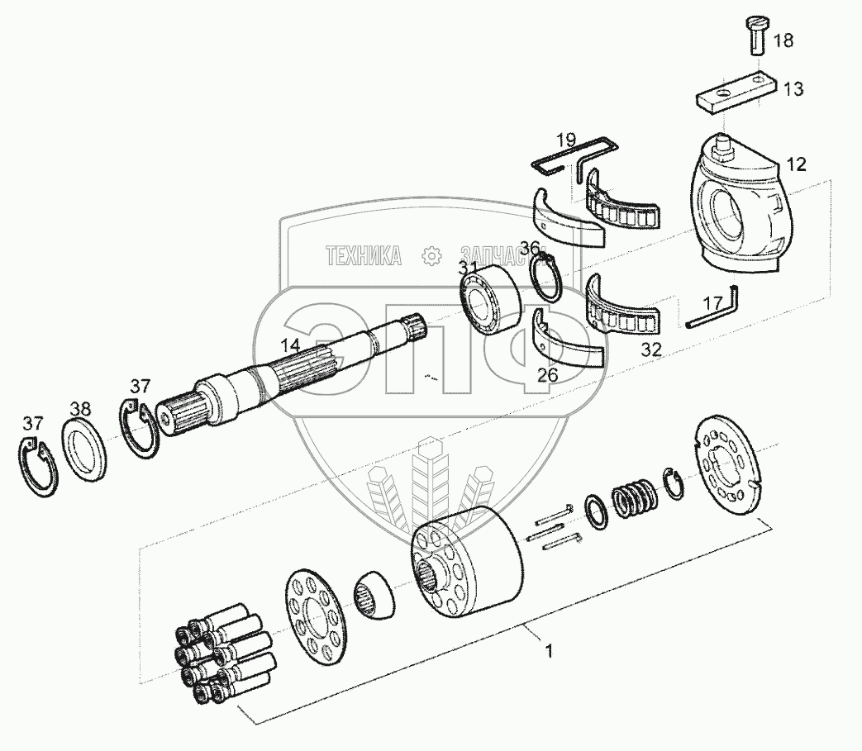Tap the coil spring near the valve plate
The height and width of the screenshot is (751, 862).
pos(635,500)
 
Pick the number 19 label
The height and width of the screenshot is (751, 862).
pos(565,140)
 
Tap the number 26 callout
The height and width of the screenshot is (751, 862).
pos(546,374)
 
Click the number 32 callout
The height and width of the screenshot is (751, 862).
pos(651,350)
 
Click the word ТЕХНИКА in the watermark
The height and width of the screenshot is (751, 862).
pos(364,257)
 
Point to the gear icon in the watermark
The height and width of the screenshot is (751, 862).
pos(431,257)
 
